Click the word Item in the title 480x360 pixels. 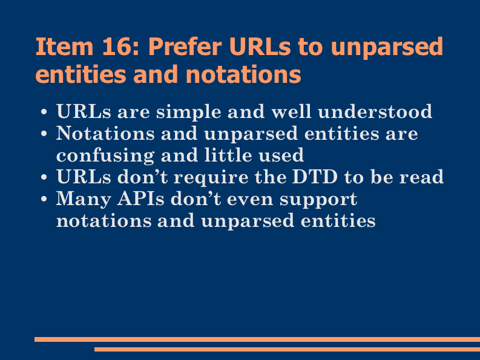pos(64,47)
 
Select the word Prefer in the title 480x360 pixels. pos(185,47)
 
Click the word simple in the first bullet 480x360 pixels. pos(189,112)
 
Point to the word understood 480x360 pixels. pos(375,111)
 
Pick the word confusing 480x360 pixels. pos(105,156)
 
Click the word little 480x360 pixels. pos(228,155)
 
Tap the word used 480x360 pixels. pos(281,155)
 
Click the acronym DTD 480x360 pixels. pos(315,177)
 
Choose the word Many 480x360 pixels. pos(84,200)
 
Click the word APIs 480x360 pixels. pos(141,198)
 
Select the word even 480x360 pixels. pos(250,200)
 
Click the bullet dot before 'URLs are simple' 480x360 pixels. pos(44,112)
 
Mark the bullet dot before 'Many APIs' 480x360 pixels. pos(44,199)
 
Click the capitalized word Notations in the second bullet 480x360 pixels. pos(105,133)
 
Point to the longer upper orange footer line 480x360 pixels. pos(257,339)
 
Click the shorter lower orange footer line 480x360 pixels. pos(287,349)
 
